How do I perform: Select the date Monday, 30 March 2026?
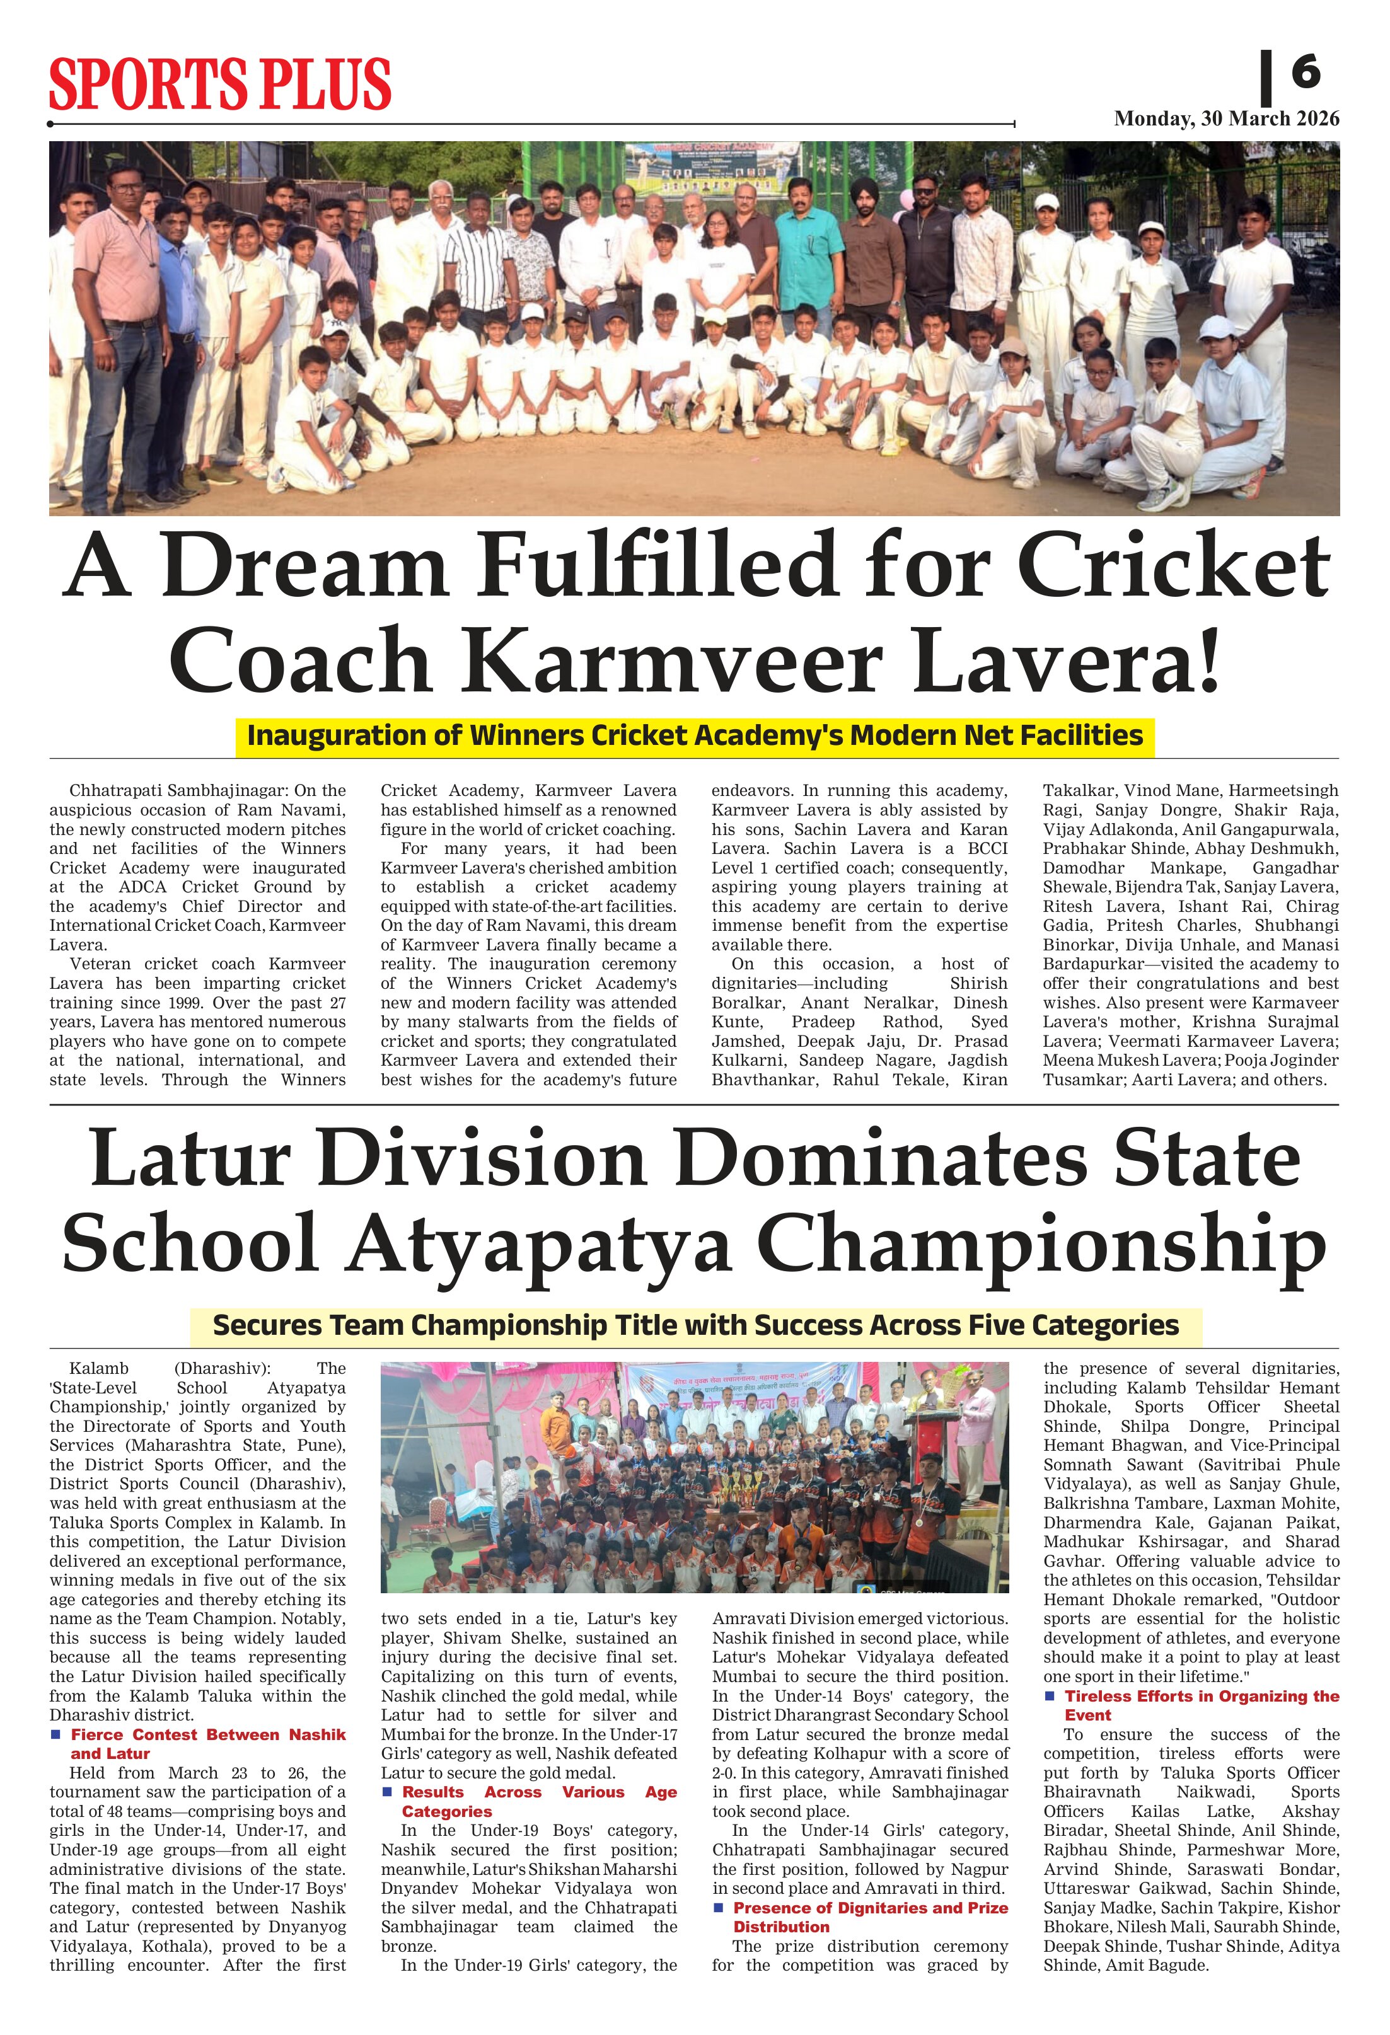coord(1226,119)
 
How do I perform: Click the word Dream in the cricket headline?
coord(301,567)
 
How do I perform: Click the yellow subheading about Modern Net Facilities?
coord(695,735)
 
